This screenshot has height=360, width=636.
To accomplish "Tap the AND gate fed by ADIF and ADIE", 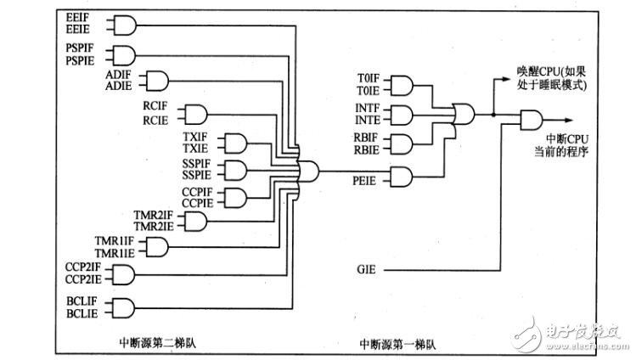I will coord(159,82).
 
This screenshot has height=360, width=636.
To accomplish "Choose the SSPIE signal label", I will coord(199,174).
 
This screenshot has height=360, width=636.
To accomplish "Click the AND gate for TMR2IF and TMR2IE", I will coord(196,222).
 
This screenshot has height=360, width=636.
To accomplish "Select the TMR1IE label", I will coord(115,253).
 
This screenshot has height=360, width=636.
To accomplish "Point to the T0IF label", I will coord(371,80).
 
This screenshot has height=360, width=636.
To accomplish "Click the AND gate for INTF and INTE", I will coord(401,114).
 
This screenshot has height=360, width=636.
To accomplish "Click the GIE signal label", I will coord(367,270).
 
